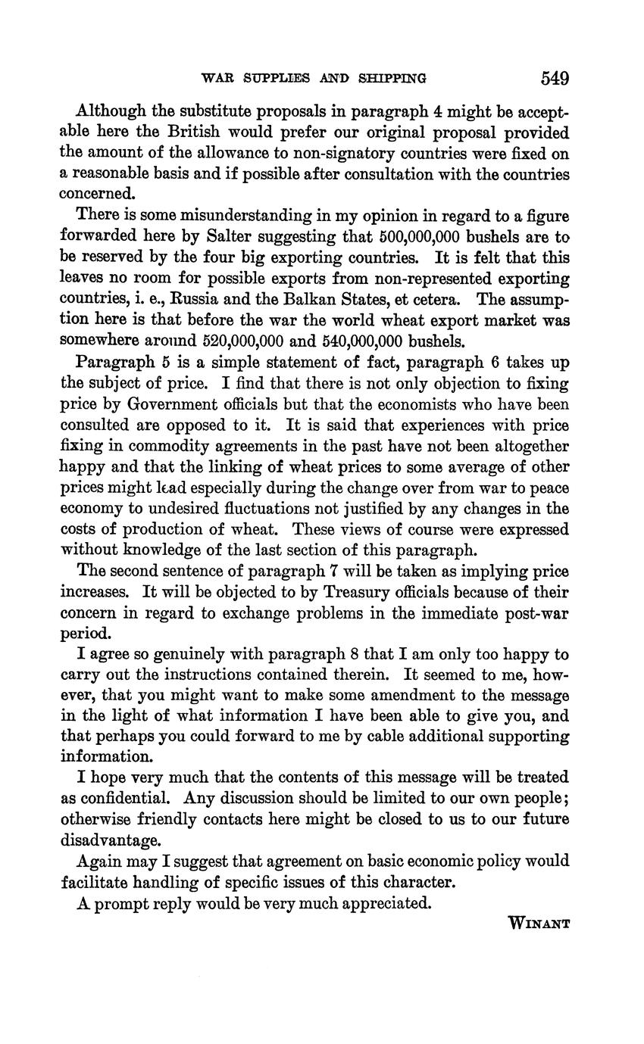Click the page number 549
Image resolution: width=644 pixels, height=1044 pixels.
pyautogui.click(x=555, y=78)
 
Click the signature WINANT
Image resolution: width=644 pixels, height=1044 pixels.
pyautogui.click(x=539, y=923)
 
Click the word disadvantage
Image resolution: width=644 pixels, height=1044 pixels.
pyautogui.click(x=111, y=840)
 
